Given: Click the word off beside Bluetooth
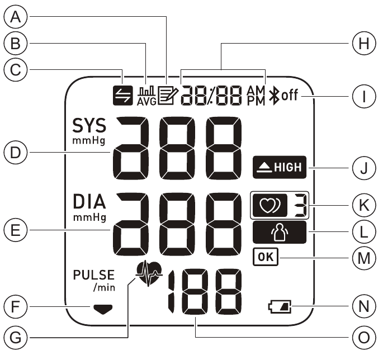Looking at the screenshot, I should click(290, 96).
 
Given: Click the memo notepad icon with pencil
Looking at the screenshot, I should click(167, 96).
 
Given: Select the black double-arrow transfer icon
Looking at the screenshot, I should click(128, 96).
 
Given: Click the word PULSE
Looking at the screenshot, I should click(93, 275).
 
